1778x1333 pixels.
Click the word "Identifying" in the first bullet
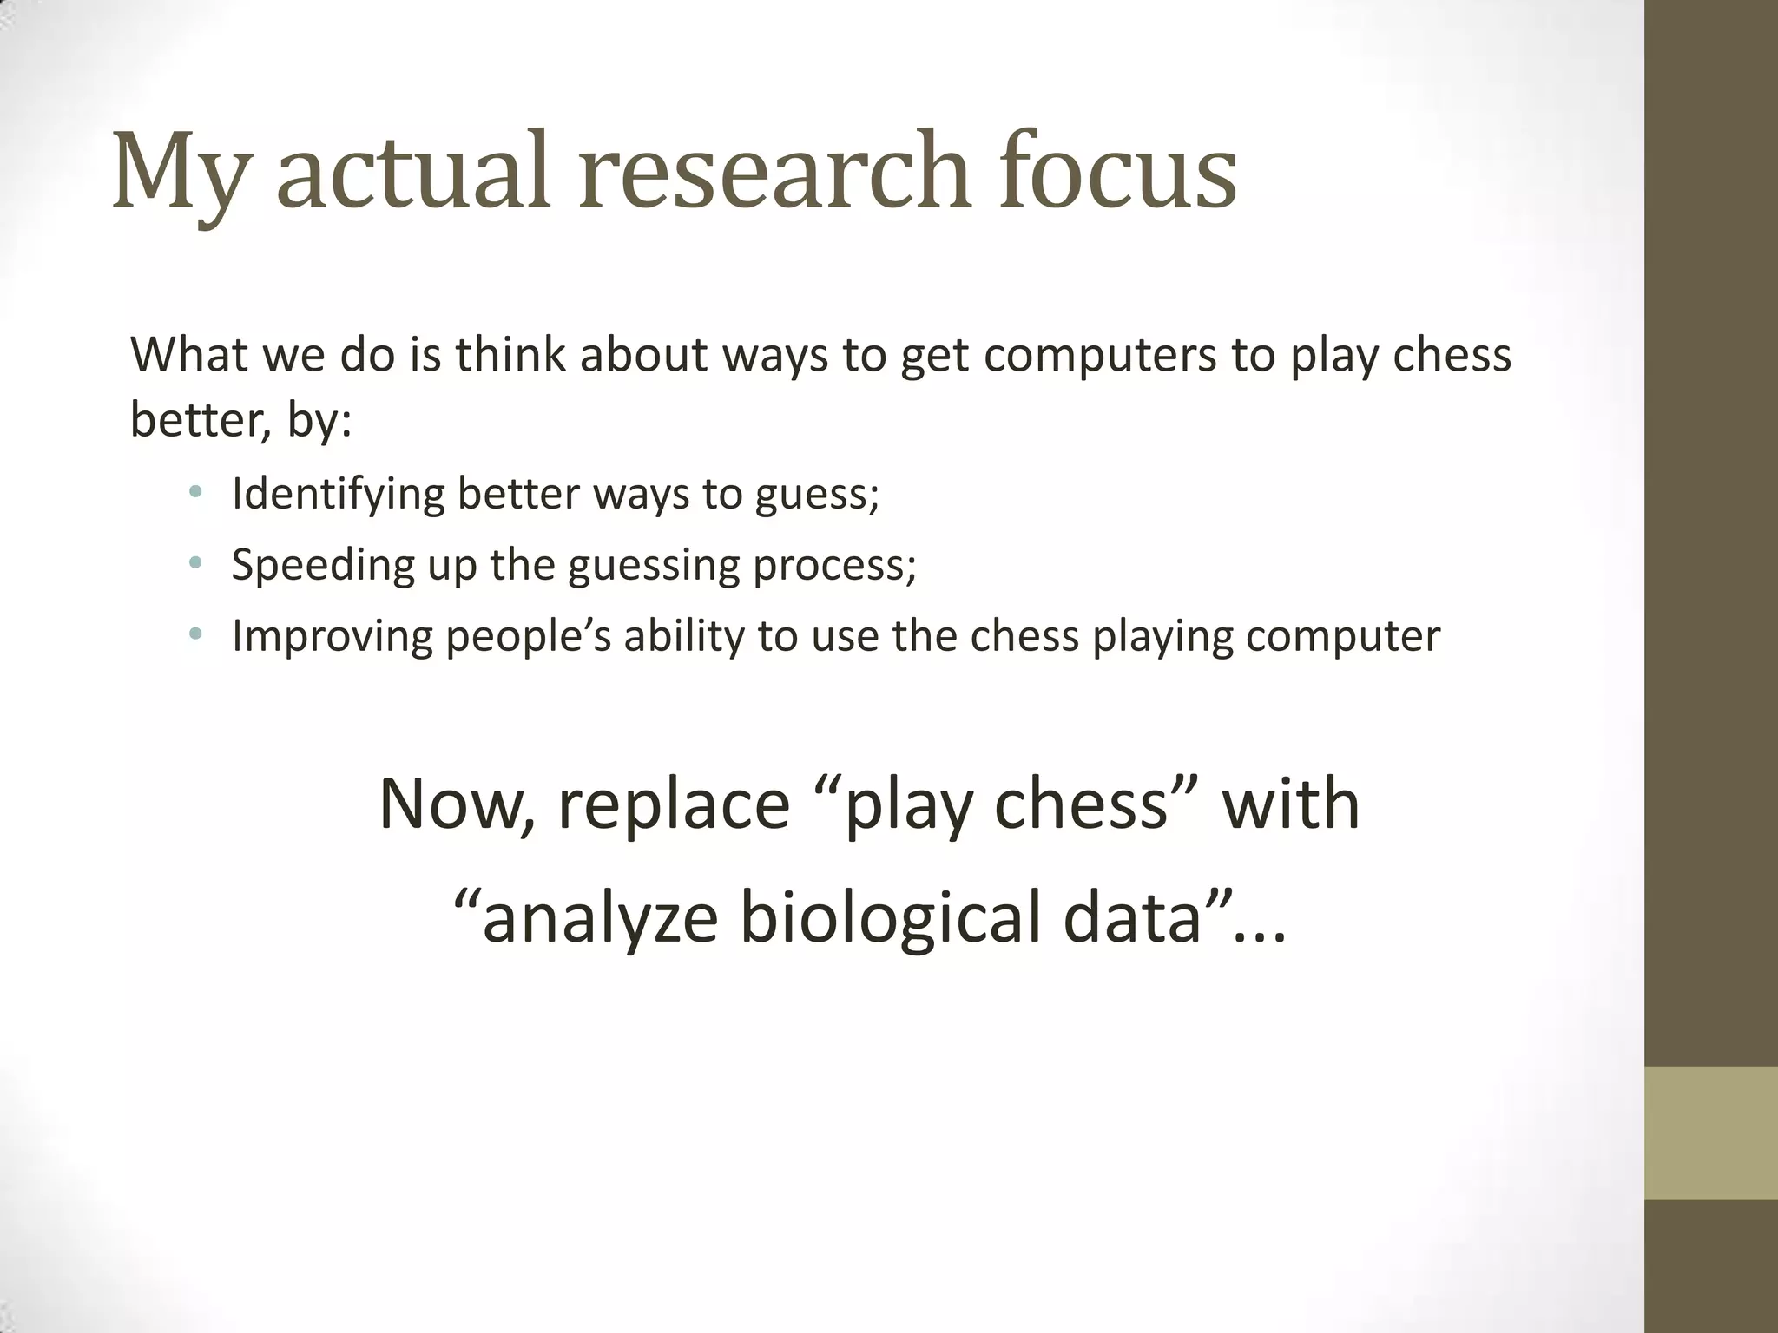click(x=338, y=495)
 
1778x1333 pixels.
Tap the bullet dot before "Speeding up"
click(x=195, y=564)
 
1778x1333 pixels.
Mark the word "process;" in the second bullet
click(x=834, y=567)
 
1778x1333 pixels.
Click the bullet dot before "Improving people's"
click(x=195, y=635)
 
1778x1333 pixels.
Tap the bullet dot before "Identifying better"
click(x=195, y=493)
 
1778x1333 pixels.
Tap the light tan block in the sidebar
click(x=1711, y=1133)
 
